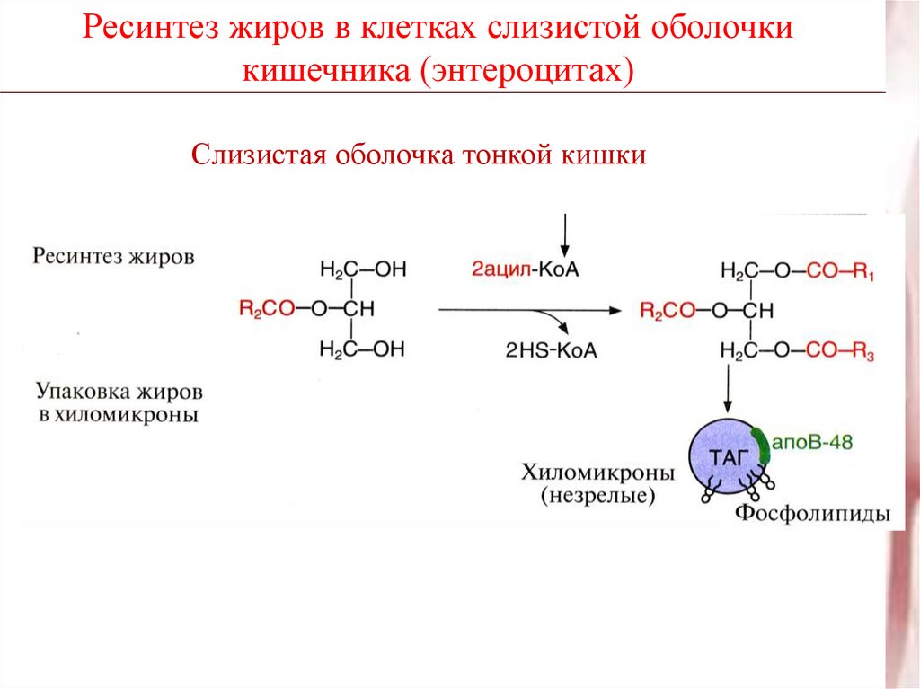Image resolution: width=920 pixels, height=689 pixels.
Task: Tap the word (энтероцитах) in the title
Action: coord(525,70)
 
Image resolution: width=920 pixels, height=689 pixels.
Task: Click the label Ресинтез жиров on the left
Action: coord(114,256)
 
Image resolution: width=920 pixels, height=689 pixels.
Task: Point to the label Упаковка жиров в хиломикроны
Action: coord(119,404)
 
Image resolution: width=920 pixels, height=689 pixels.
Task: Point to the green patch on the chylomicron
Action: coord(763,446)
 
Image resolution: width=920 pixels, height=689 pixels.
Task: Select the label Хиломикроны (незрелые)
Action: coord(597,483)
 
